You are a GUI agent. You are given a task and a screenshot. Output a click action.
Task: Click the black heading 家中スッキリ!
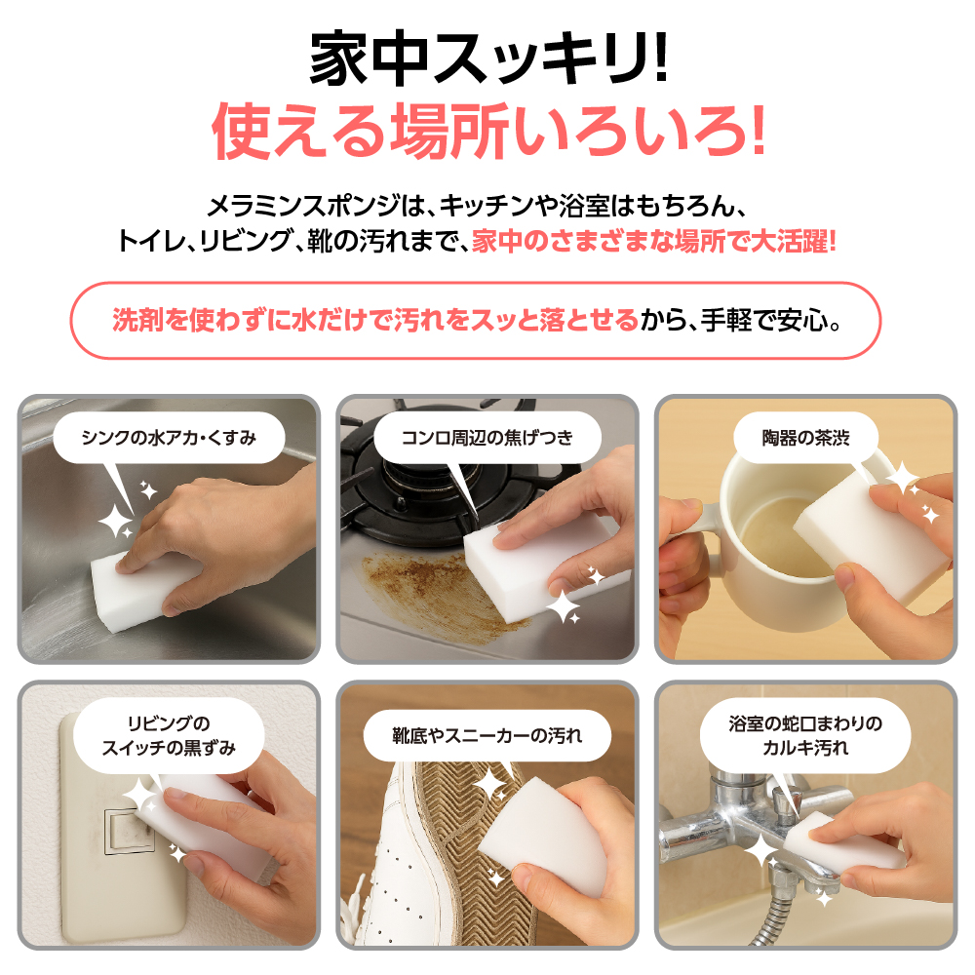[x=487, y=60]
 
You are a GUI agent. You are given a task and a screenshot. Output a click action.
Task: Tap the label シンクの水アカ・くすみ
[x=169, y=438]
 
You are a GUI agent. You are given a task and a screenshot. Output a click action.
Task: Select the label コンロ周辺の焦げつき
[x=487, y=438]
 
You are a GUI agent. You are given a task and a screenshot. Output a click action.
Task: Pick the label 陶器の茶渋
[x=804, y=438]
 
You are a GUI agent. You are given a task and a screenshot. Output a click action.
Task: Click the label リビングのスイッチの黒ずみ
[x=169, y=736]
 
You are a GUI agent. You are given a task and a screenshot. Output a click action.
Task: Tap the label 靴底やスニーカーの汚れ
[x=487, y=736]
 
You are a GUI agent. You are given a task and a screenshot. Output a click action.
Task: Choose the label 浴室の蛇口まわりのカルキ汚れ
[x=804, y=736]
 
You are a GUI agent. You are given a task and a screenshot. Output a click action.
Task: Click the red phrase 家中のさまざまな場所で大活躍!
[x=654, y=241]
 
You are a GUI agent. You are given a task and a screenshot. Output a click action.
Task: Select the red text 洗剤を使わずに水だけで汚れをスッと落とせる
[x=374, y=320]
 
